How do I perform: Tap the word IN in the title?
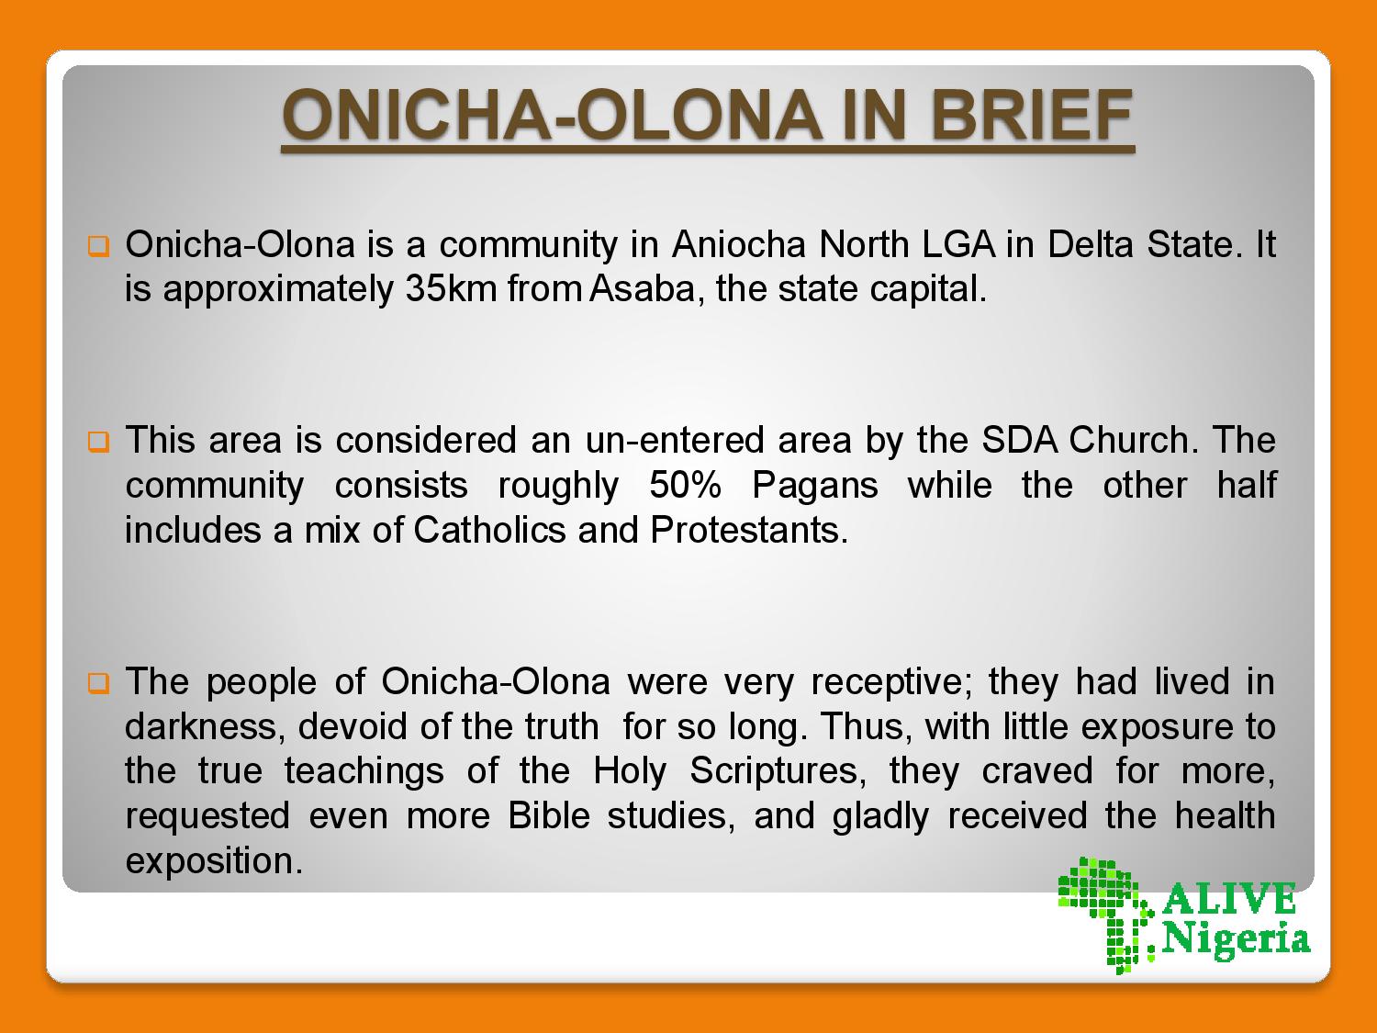pos(875,116)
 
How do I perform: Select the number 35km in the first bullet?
pos(451,289)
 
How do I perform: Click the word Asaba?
pos(642,289)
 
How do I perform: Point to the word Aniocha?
pos(738,244)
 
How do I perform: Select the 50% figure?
pos(685,485)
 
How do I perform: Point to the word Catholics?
pos(489,530)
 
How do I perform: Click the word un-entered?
pos(675,440)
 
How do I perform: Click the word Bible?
pos(549,816)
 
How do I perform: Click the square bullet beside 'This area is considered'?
pos(98,442)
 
